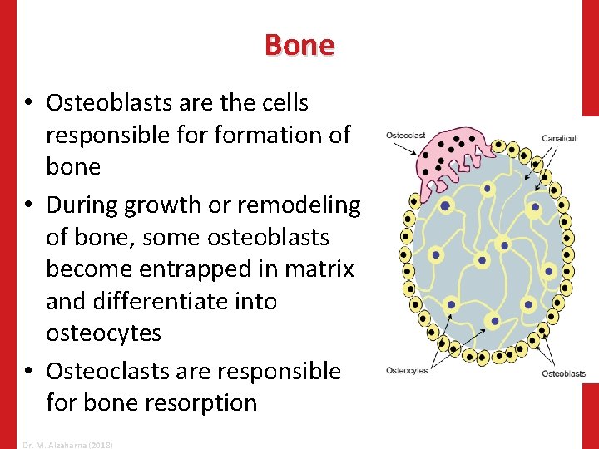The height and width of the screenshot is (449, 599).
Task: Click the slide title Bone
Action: [x=299, y=45]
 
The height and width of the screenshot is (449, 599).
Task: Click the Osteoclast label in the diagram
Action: [x=405, y=136]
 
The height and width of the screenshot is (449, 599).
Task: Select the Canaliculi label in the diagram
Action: [x=561, y=138]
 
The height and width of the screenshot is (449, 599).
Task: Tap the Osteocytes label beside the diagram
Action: [x=407, y=370]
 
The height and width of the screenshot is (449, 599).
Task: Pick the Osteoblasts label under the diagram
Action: [x=563, y=374]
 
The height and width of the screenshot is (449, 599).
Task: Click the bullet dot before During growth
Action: [x=28, y=205]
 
